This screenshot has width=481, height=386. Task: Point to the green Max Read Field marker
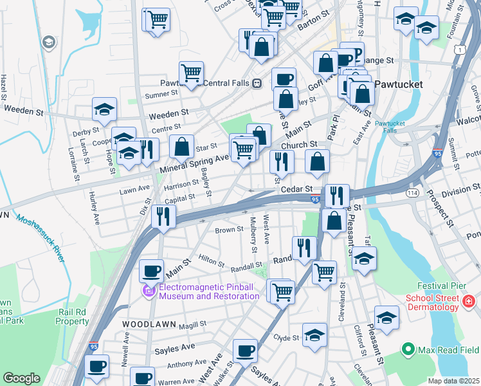coord(406,349)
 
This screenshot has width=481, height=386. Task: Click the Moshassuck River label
coord(42,239)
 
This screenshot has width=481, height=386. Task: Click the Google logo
coord(21,378)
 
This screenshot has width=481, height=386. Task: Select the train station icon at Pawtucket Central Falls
coord(257,83)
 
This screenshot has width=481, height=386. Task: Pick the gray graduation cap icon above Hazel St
coord(48,42)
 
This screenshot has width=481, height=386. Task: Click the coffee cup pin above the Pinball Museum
coord(152,270)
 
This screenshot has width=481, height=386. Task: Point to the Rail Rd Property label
coord(71,317)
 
